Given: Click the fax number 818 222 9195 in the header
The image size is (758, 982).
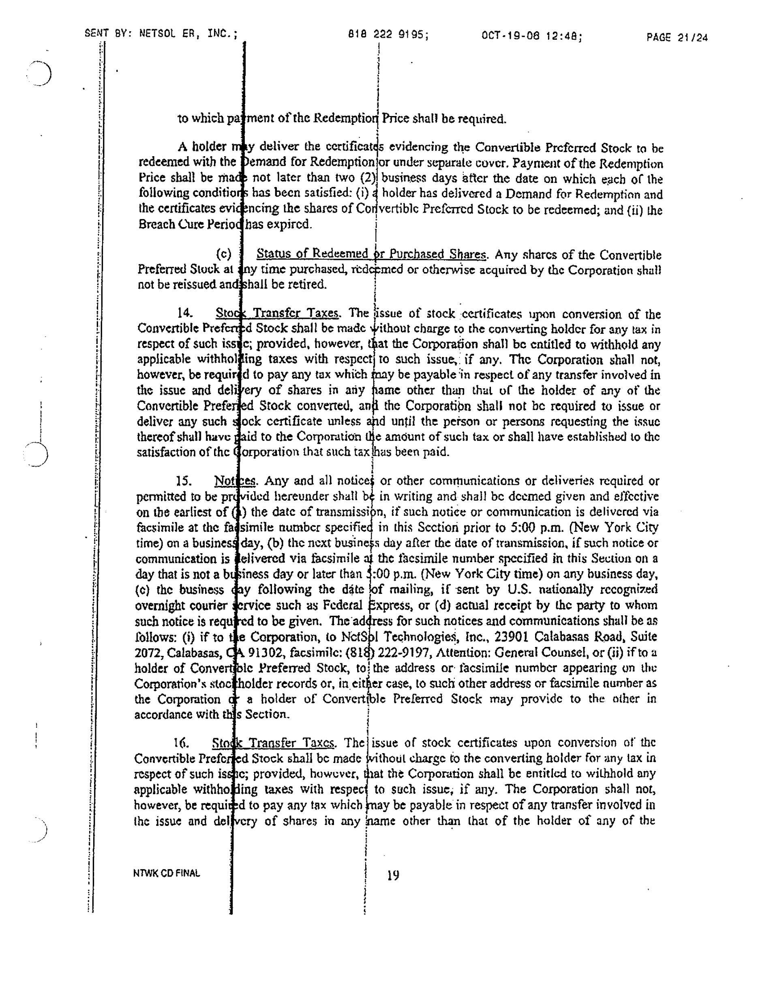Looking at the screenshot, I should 388,34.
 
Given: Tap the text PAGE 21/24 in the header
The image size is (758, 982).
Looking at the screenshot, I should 677,37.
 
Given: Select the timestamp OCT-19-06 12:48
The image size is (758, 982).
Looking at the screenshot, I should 531,36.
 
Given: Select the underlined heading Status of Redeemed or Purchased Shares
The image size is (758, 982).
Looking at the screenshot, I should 371,254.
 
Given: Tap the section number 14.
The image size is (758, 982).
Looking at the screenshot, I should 185,313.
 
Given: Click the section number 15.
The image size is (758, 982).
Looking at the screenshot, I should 183,481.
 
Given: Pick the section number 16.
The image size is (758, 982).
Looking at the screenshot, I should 181,743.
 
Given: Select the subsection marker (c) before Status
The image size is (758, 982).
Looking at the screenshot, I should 223,254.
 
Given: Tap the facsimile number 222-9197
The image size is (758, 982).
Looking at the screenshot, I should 406,652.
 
